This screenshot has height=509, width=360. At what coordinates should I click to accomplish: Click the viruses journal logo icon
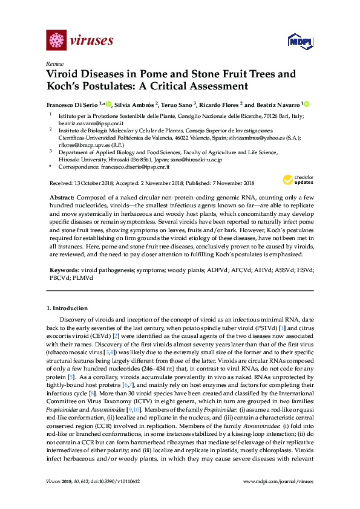(x=56, y=41)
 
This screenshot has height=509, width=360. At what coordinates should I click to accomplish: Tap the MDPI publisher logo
(x=299, y=41)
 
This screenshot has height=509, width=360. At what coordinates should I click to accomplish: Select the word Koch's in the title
(x=68, y=86)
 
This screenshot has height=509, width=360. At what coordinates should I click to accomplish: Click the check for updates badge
(x=298, y=180)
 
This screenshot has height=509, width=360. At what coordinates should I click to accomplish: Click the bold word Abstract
(x=62, y=198)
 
